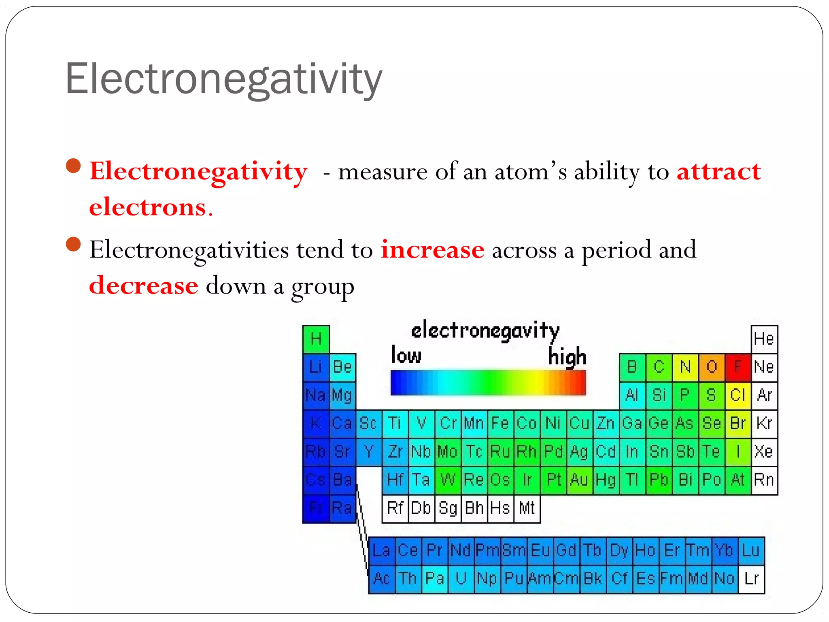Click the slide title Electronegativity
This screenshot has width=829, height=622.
coord(223,79)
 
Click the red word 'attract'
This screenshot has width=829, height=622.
coord(718,172)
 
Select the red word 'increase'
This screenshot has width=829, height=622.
coord(432,250)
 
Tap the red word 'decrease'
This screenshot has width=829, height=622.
coord(144,285)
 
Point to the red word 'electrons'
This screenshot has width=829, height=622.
coord(148,207)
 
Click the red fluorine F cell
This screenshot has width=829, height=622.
coord(738,367)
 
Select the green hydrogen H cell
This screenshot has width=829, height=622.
coord(316,339)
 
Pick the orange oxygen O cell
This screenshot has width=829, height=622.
coord(711,367)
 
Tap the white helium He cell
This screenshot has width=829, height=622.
coord(764,339)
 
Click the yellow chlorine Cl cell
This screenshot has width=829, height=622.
coord(738,395)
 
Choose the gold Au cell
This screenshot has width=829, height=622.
coord(579,480)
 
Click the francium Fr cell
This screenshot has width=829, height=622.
coord(316,508)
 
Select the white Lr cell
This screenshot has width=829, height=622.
coord(751,579)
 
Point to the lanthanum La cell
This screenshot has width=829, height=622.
coord(381,551)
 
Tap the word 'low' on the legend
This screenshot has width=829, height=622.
coord(406,355)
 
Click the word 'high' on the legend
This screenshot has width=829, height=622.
coord(567,356)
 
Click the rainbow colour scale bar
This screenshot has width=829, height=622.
coord(488,382)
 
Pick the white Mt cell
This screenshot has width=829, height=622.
coord(527,508)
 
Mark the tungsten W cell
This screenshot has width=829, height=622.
coord(448,480)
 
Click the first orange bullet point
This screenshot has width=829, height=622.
coord(73,166)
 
